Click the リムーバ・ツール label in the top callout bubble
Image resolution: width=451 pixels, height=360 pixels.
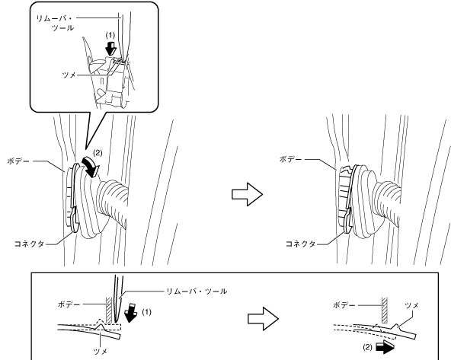(x=55, y=23)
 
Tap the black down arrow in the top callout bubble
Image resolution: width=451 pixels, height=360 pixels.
(x=110, y=48)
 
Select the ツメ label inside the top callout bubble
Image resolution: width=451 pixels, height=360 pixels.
(x=69, y=75)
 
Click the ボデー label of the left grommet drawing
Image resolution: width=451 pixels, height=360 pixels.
(x=18, y=161)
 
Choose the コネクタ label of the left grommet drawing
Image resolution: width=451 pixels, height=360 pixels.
(x=29, y=244)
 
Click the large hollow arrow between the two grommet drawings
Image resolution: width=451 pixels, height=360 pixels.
(x=247, y=195)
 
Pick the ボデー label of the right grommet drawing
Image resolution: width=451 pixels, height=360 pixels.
(x=290, y=159)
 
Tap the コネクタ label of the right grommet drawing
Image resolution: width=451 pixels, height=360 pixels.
(x=301, y=244)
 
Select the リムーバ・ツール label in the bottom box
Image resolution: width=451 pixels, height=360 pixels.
(x=197, y=292)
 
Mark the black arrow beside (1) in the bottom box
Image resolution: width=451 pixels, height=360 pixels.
(x=132, y=312)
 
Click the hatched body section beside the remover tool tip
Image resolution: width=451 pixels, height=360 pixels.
(x=109, y=310)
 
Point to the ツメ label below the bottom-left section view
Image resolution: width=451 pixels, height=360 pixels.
(x=101, y=351)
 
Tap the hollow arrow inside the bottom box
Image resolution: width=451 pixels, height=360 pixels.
(x=263, y=319)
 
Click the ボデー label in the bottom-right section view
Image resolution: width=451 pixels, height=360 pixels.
(x=344, y=305)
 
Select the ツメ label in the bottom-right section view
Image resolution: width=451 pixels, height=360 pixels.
(x=411, y=305)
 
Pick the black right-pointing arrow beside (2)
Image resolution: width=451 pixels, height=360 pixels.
(x=385, y=348)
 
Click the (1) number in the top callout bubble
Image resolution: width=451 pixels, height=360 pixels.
(x=110, y=35)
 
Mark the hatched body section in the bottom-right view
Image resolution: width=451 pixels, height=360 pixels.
(x=384, y=310)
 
